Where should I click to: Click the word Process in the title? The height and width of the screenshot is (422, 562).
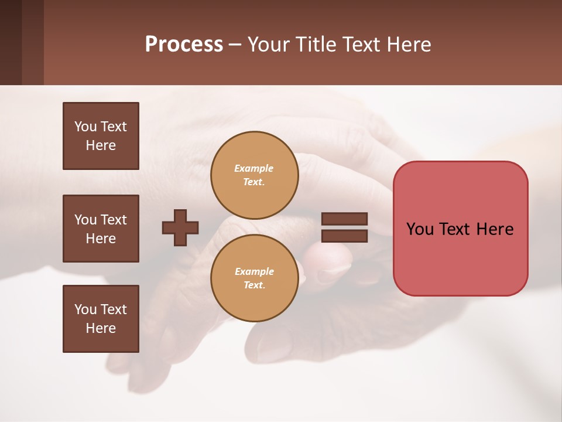click(184, 45)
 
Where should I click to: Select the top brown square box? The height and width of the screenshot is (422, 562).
click(101, 136)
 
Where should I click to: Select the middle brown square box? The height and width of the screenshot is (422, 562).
click(101, 229)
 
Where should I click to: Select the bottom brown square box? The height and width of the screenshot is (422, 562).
click(101, 319)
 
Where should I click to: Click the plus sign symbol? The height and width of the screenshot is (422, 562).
click(180, 227)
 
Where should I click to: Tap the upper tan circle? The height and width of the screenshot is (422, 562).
click(254, 175)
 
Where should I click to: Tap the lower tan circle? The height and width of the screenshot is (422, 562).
click(254, 278)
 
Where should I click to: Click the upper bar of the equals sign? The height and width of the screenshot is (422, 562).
click(344, 219)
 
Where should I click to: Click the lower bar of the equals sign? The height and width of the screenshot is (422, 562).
click(344, 236)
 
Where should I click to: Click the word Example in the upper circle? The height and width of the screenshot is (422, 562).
click(253, 169)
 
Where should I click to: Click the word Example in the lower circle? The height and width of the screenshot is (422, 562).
click(253, 272)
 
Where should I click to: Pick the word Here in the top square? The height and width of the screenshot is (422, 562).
click(101, 145)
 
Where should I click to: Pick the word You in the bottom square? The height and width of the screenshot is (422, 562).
click(85, 309)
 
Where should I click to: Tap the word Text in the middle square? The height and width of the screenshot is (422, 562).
click(114, 220)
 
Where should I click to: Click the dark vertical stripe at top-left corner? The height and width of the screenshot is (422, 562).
click(11, 42)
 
